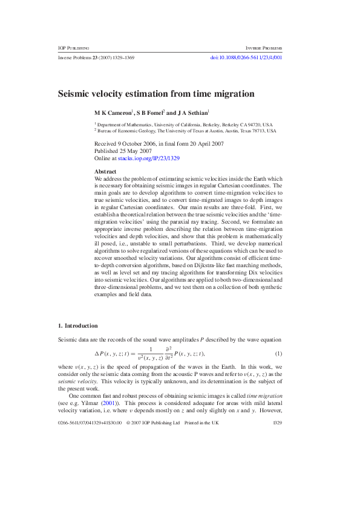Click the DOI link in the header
click(246, 57)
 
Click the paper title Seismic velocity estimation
click(155, 94)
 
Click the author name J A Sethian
click(192, 112)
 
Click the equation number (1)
click(278, 353)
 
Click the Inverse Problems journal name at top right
click(264, 47)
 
